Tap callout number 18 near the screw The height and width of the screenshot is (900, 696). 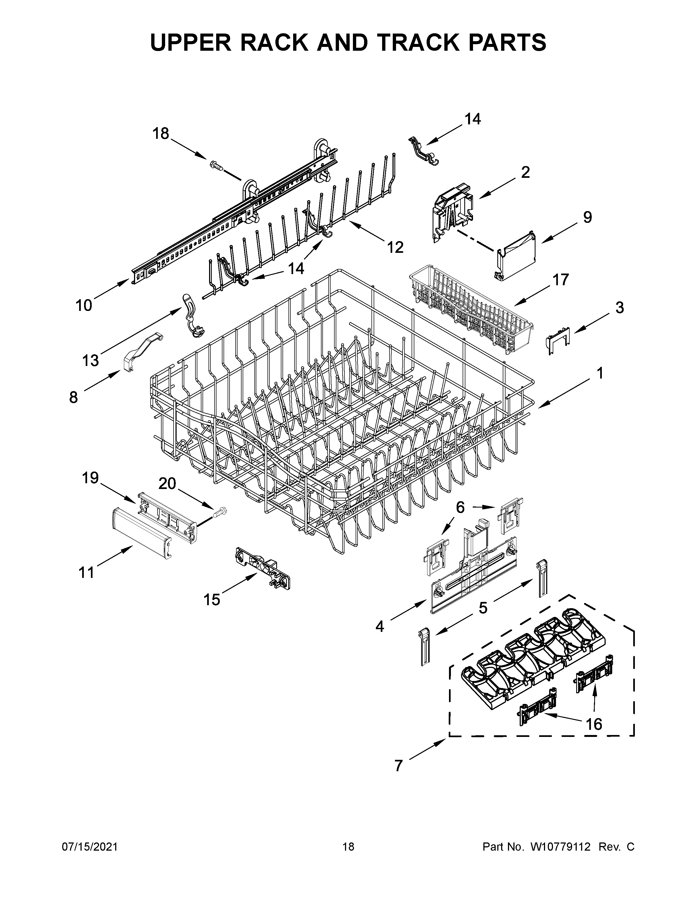pyautogui.click(x=160, y=134)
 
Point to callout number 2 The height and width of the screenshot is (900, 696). pyautogui.click(x=525, y=172)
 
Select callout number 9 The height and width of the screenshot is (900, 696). pyautogui.click(x=587, y=217)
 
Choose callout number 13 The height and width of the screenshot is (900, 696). pyautogui.click(x=90, y=361)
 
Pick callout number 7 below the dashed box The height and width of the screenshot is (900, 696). pyautogui.click(x=398, y=766)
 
